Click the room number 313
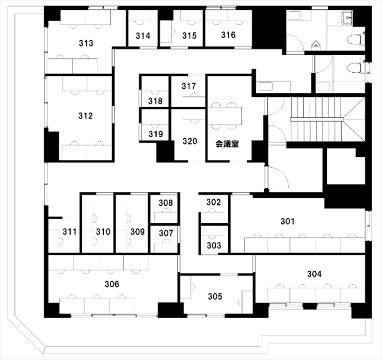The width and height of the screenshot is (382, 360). pyautogui.click(x=86, y=43)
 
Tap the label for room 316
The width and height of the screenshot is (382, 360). pyautogui.click(x=228, y=35)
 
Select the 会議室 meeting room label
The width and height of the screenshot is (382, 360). pyautogui.click(x=227, y=144)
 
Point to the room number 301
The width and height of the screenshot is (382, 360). pyautogui.click(x=288, y=221)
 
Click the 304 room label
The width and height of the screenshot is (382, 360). pyautogui.click(x=314, y=274)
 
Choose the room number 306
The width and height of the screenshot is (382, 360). pyautogui.click(x=112, y=284)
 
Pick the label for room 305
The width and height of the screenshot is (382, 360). pyautogui.click(x=215, y=296)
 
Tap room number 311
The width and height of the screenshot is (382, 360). pyautogui.click(x=70, y=232)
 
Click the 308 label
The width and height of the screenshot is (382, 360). pyautogui.click(x=166, y=203)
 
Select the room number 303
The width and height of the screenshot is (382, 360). pyautogui.click(x=214, y=246)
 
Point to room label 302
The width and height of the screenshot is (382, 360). pyautogui.click(x=213, y=202)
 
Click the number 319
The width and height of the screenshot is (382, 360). pyautogui.click(x=156, y=134)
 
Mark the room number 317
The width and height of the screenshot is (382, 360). pyautogui.click(x=188, y=86)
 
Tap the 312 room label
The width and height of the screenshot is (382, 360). pyautogui.click(x=86, y=116)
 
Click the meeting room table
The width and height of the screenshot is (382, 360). pyautogui.click(x=225, y=116)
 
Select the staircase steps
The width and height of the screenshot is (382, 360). pyautogui.click(x=317, y=119)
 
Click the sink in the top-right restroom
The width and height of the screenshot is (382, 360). pyautogui.click(x=347, y=18)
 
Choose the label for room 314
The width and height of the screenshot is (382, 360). pyautogui.click(x=143, y=36)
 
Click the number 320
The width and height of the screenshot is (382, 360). pyautogui.click(x=190, y=141)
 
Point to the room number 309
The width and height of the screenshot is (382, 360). pyautogui.click(x=137, y=232)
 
